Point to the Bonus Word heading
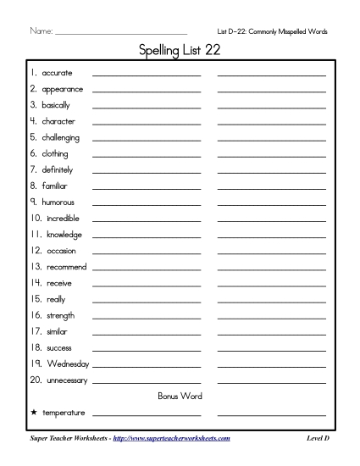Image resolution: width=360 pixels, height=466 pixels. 180,396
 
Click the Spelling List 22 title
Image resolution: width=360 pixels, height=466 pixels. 180,52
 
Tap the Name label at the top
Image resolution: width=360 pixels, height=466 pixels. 41,31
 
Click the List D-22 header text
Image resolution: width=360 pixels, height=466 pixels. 272,31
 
